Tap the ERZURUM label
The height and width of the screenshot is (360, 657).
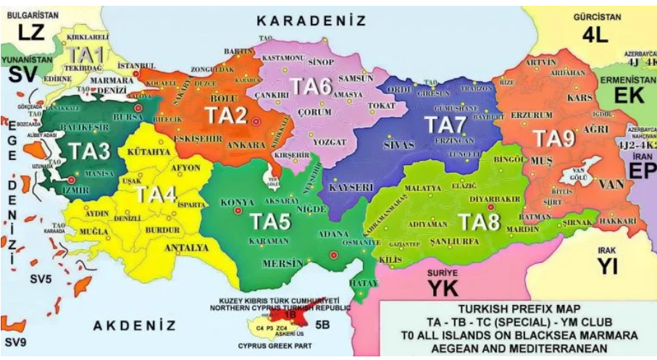[x=532, y=114]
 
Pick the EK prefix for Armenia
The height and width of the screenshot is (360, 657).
[x=629, y=95]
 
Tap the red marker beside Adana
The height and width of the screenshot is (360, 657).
[x=333, y=256]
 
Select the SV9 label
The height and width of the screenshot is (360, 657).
[x=16, y=340]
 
